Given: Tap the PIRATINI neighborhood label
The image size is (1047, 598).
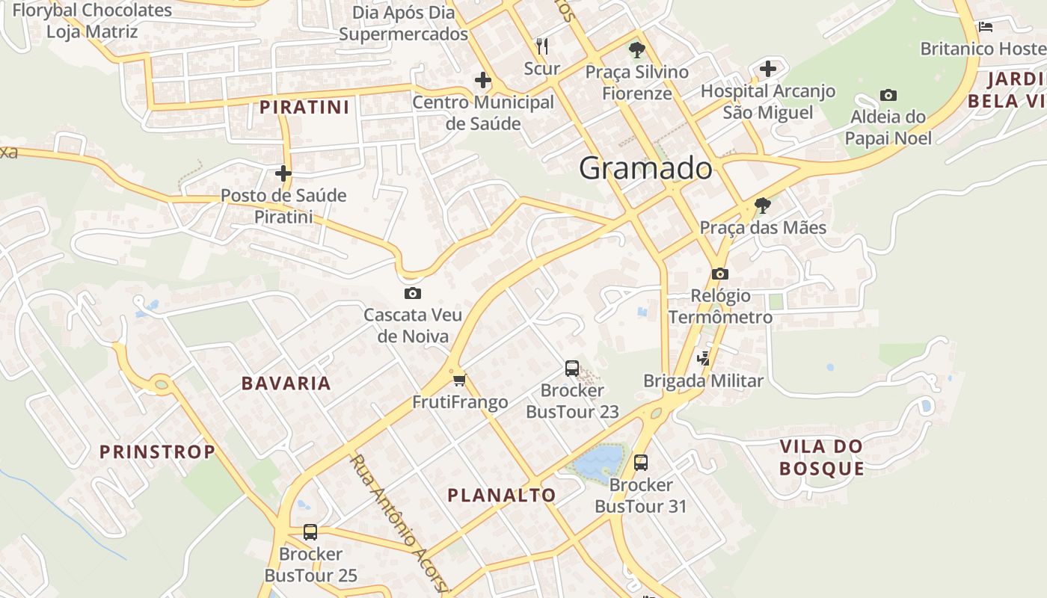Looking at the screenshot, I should tap(304, 107).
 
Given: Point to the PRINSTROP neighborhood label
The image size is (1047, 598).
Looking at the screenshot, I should tap(157, 451).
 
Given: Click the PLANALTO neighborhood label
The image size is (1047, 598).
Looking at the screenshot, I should tap(502, 495).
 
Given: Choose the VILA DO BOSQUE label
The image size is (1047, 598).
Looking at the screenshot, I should tap(821, 457).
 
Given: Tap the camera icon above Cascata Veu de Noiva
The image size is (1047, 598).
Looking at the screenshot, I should tap(412, 293).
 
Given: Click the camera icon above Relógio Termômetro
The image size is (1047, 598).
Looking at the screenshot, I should tap(720, 274).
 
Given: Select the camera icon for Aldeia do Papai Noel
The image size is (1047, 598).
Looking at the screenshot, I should tap(888, 95).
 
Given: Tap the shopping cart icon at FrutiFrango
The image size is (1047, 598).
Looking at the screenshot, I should tap(459, 380).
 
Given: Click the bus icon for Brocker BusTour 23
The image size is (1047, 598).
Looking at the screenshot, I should tap(572, 368).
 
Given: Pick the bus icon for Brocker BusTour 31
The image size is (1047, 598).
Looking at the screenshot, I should tap(641, 462).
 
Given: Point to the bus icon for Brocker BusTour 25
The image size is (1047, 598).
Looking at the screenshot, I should tap(310, 532).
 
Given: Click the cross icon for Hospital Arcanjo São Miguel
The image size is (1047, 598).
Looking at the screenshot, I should tap(767, 70).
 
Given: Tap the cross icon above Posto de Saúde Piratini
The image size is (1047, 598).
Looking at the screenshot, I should tap(283, 173).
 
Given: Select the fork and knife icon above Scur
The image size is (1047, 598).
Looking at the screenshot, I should tap(542, 46).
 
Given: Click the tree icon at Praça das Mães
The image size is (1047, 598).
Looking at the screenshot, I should tap(762, 205).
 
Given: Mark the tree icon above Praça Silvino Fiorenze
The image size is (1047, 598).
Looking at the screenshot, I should tap(636, 50).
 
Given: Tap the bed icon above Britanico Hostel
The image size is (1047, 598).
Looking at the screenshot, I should tap(986, 27).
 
